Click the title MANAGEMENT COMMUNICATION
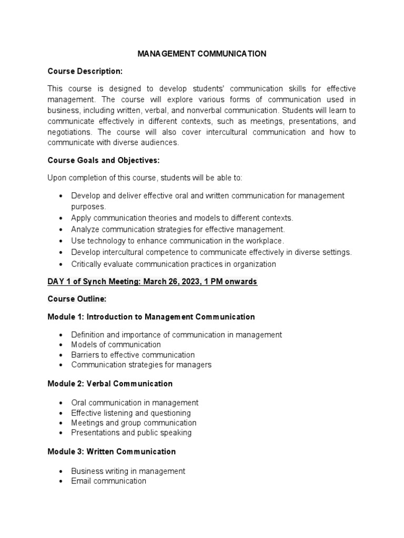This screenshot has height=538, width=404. (201, 54)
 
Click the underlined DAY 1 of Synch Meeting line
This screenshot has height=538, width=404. (152, 282)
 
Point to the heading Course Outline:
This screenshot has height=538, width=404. (77, 299)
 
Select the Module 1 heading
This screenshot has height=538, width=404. (151, 317)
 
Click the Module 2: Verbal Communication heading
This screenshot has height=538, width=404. (110, 384)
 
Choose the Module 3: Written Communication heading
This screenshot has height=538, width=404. (112, 451)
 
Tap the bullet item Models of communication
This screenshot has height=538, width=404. (116, 345)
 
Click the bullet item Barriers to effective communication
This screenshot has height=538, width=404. (133, 355)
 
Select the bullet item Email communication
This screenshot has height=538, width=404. (108, 481)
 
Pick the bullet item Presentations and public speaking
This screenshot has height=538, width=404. (131, 432)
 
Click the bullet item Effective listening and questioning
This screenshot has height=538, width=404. (130, 413)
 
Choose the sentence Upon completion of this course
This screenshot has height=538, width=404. (145, 178)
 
